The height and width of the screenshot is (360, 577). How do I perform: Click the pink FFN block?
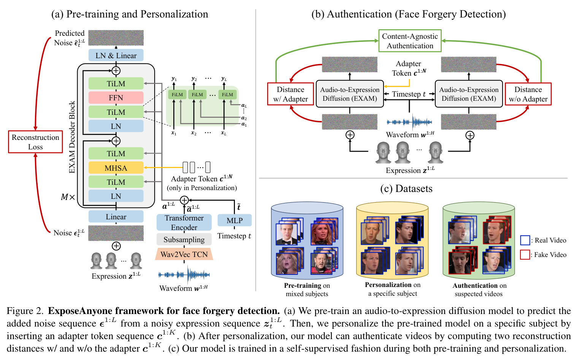(x=116, y=98)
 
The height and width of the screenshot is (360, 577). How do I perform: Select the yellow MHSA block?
(x=116, y=168)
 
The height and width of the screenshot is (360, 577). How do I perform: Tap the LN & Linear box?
(x=116, y=55)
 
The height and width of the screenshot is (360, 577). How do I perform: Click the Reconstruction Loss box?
(x=36, y=142)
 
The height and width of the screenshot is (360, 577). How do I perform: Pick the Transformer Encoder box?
(x=184, y=222)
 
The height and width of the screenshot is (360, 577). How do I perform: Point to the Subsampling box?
(x=184, y=239)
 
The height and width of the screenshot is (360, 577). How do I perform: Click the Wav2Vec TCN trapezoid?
(x=184, y=254)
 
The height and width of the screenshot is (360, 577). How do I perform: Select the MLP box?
(x=235, y=220)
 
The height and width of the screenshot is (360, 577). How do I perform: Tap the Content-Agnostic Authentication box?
(x=410, y=41)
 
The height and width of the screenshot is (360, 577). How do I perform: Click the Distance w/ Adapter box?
(x=290, y=94)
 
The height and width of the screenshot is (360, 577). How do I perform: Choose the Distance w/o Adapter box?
(x=528, y=94)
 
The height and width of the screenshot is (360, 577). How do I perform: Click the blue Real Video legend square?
(x=525, y=240)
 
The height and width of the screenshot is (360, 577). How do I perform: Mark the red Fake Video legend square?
(x=525, y=255)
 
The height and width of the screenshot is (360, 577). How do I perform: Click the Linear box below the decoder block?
(x=116, y=216)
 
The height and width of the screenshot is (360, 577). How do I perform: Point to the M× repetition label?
(x=68, y=197)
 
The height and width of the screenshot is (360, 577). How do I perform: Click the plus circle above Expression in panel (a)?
(x=116, y=246)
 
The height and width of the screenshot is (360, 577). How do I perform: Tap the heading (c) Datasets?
(x=406, y=189)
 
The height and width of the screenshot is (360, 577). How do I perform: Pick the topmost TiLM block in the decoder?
(x=116, y=84)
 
